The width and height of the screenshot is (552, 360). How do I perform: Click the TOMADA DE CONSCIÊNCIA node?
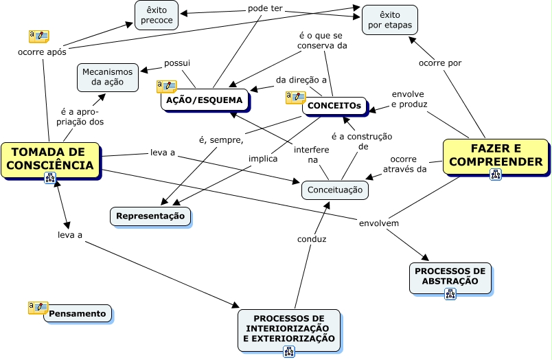click(x=51, y=159)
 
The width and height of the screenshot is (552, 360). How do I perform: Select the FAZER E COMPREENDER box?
click(x=496, y=155)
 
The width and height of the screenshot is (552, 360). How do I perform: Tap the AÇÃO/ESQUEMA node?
click(x=205, y=100)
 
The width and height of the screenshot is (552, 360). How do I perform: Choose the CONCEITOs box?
click(x=334, y=106)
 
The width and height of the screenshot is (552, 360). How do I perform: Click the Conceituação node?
click(x=334, y=190)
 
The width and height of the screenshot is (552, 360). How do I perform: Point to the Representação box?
click(x=150, y=216)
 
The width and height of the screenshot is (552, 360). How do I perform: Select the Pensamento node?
click(x=78, y=314)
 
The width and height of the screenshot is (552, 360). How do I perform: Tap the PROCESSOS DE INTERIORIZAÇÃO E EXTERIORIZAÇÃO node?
click(x=289, y=329)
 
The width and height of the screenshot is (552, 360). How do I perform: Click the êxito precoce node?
click(x=157, y=15)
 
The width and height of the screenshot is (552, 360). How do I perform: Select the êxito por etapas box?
click(x=389, y=20)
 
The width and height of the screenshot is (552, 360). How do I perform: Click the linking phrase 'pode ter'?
click(x=265, y=11)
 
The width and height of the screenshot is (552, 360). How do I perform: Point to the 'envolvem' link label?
click(x=378, y=223)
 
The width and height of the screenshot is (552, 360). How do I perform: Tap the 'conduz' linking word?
click(x=312, y=239)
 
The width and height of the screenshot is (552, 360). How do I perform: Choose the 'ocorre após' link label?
click(x=42, y=52)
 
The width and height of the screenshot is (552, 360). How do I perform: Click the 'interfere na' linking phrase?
click(x=312, y=155)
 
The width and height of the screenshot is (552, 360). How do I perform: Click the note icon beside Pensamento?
click(x=38, y=307)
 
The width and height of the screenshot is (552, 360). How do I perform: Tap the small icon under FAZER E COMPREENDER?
click(x=496, y=175)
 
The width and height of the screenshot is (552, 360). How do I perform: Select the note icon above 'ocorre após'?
click(x=38, y=36)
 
